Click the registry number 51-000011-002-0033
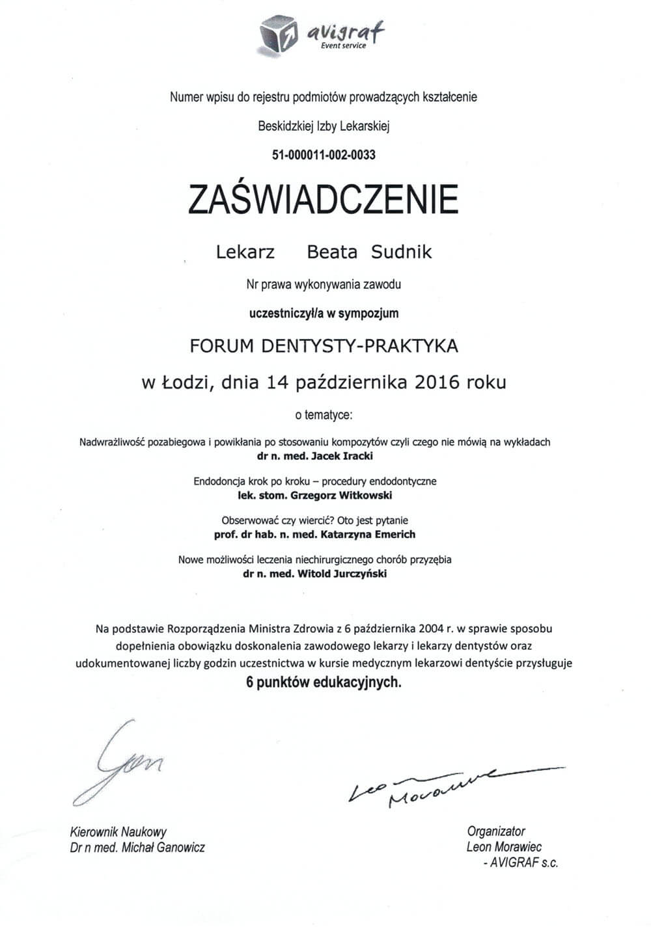pyautogui.click(x=324, y=155)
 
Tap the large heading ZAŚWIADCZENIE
pyautogui.click(x=324, y=199)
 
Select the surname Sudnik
pyautogui.click(x=401, y=252)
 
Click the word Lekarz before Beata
pyautogui.click(x=245, y=252)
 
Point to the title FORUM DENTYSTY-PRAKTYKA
pyautogui.click(x=324, y=345)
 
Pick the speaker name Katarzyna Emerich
pyautogui.click(x=368, y=534)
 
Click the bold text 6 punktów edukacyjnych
pyautogui.click(x=324, y=683)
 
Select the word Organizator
pyautogui.click(x=495, y=831)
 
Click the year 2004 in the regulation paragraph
pyautogui.click(x=430, y=628)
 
